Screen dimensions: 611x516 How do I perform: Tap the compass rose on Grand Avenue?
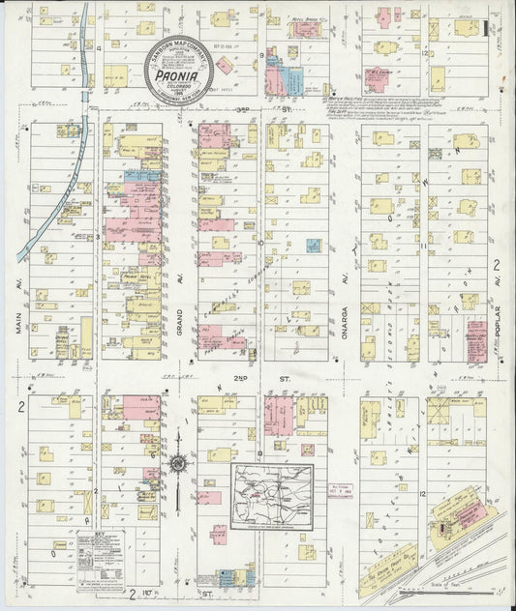[178, 465]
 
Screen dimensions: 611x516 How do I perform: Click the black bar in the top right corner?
[485, 28]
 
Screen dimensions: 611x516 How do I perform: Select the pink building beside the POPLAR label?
[476, 341]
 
